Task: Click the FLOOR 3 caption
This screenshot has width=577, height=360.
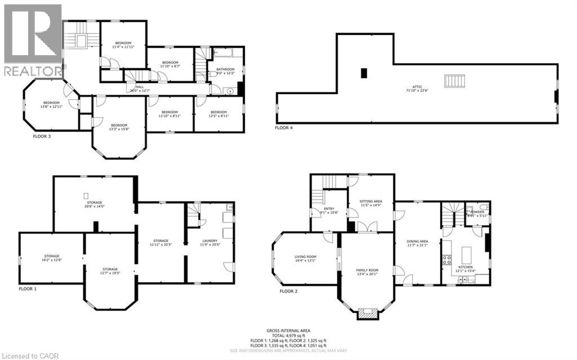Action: [x=42, y=136]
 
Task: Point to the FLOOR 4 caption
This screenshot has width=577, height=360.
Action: [x=284, y=128]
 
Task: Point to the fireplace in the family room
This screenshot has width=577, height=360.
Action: [x=367, y=314]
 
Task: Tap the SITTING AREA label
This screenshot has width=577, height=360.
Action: [x=371, y=203]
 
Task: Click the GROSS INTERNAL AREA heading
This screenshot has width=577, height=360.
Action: [x=288, y=331]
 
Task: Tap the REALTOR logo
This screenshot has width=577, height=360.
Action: [x=32, y=39]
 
